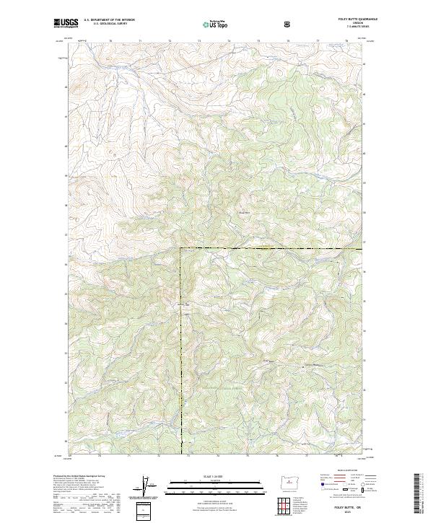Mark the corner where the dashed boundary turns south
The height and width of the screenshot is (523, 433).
(x=180, y=248)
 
